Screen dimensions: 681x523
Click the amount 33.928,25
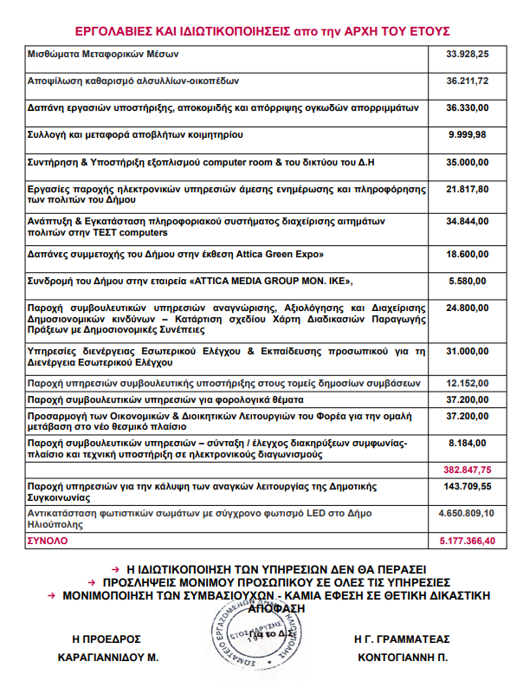coord(467,54)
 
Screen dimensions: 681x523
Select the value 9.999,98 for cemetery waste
coord(467,134)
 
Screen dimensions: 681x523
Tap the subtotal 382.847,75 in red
coord(468,469)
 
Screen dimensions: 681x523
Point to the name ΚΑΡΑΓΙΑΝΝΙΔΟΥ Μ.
coord(107,658)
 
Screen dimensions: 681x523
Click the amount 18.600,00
coord(467,254)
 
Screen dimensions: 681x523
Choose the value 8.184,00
coord(467,442)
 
